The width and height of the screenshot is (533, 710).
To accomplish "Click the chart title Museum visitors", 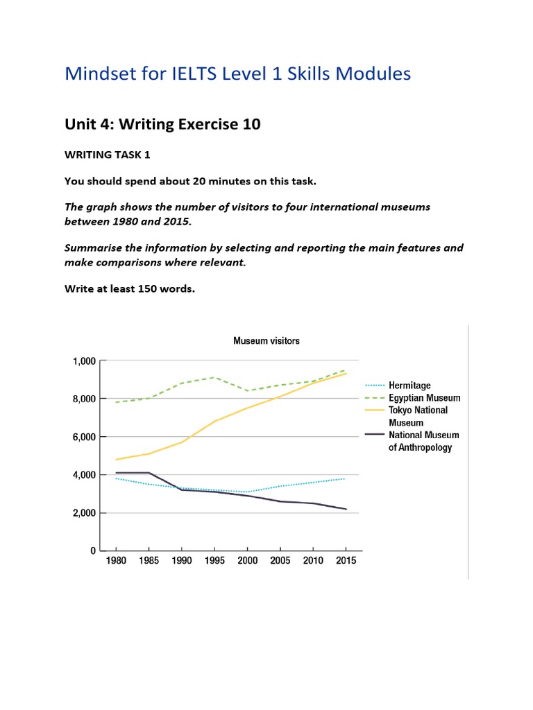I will point(266,341).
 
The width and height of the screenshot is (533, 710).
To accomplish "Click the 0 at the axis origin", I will point(92,551).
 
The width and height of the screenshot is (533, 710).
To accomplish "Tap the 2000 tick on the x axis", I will point(247,561).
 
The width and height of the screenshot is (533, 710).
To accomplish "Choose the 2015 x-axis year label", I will point(345,561).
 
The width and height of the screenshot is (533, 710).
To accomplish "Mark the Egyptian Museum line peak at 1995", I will point(215,377).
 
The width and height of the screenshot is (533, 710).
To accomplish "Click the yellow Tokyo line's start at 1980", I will point(115,459).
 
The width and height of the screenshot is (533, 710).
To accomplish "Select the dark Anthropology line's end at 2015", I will point(345,509).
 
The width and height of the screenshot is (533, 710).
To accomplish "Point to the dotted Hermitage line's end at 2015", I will point(345,478).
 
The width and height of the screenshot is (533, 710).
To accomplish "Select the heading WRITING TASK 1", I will point(107,155).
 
